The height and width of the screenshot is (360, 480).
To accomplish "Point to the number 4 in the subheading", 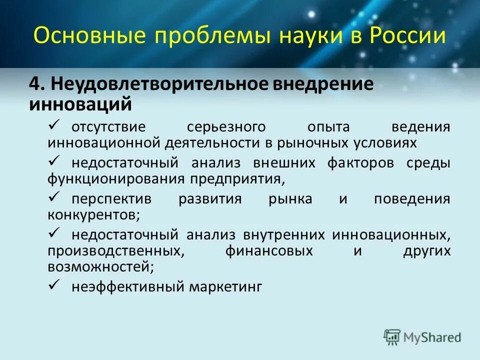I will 34,84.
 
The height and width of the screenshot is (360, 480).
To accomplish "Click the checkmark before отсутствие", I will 55,124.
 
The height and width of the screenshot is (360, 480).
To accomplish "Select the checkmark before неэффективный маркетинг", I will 55,285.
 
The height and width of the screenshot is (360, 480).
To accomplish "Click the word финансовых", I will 269,251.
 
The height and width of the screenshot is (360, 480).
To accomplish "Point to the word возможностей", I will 100,267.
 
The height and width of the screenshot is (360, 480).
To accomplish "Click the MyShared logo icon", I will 392,337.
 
